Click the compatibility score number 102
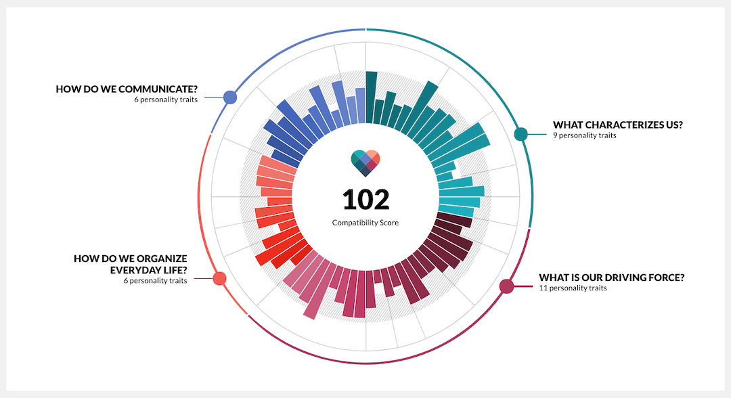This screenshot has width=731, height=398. coord(365,200)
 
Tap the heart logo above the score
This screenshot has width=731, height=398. coord(365,162)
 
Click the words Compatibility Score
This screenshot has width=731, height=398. coord(365,223)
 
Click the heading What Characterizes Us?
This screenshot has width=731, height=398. coord(618,125)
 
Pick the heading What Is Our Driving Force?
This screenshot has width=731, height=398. coord(612,278)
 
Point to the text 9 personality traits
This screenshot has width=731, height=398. coord(585,135)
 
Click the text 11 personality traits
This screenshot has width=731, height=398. coord(573,288)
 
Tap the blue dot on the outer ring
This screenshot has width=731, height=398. coord(230,97)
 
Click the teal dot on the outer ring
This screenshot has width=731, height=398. coord(520,134)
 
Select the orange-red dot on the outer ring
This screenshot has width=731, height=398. coord(219,278)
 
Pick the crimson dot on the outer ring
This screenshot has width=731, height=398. coord(506,286)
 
